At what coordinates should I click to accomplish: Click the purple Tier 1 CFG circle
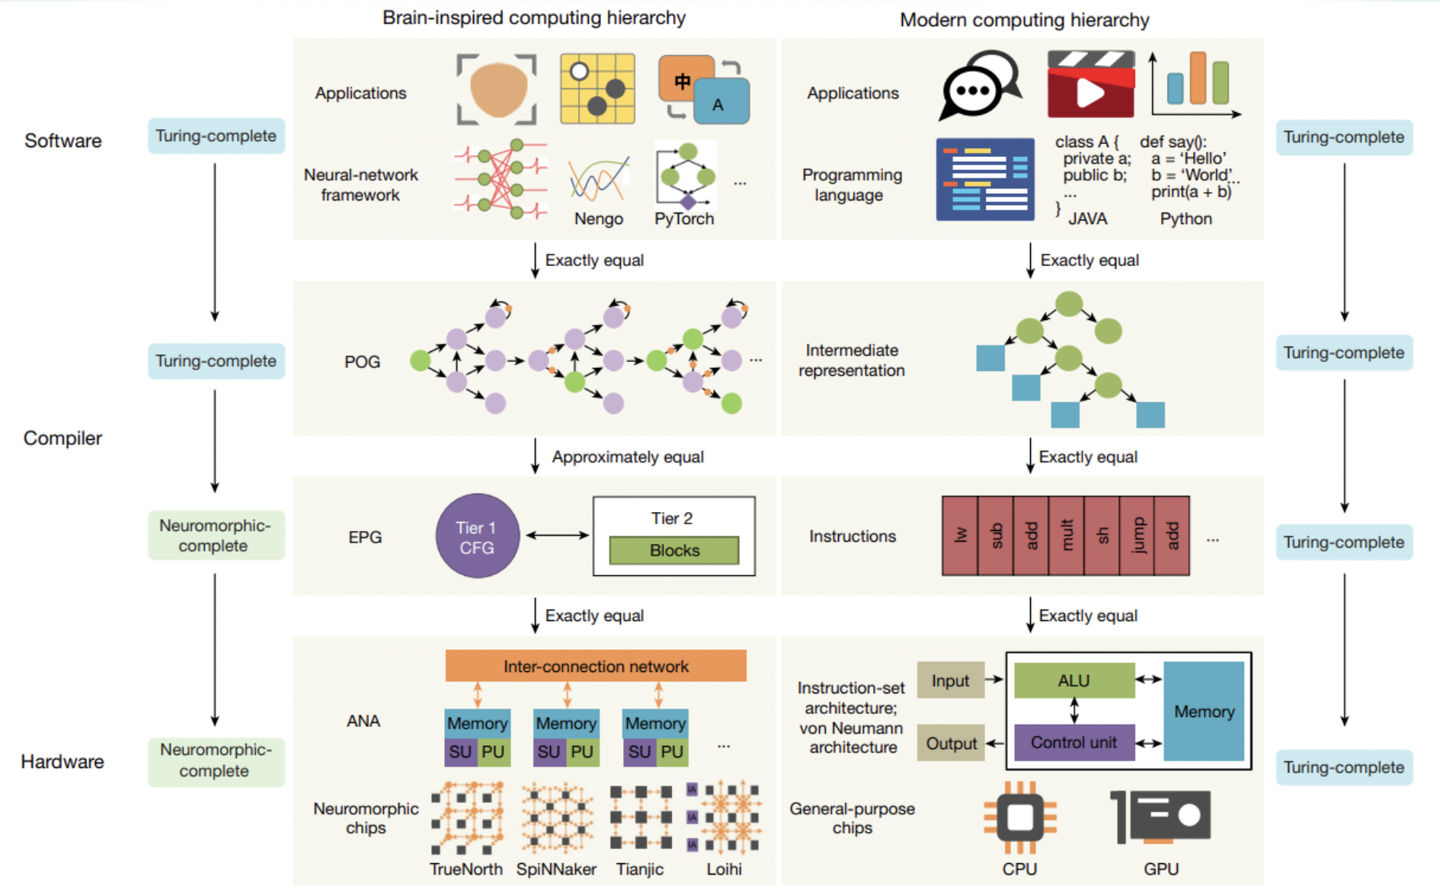477,536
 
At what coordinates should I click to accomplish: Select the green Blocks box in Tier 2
674,550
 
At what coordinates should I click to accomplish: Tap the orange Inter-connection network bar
595,666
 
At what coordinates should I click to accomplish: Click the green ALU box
1074,680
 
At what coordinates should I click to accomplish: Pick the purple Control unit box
1074,742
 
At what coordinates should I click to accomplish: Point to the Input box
950,680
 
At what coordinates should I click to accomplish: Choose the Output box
950,743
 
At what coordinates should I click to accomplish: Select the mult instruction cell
1067,536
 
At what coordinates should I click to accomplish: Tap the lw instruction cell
960,536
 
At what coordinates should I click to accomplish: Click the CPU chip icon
1019,818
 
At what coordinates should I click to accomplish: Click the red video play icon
1090,85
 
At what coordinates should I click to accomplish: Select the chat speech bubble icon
978,85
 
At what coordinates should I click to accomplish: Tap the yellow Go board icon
597,88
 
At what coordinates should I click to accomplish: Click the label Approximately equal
627,457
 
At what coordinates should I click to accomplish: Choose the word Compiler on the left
62,438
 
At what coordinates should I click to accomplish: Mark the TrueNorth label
466,869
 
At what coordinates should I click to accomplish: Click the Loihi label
724,869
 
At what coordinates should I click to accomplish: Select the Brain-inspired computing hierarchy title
533,18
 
